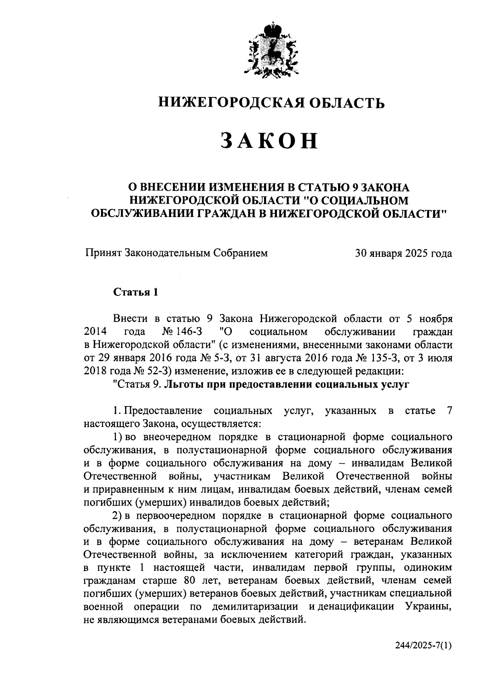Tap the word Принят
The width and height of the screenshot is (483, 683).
[103, 254]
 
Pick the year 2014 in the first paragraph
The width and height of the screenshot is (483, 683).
[95, 332]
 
